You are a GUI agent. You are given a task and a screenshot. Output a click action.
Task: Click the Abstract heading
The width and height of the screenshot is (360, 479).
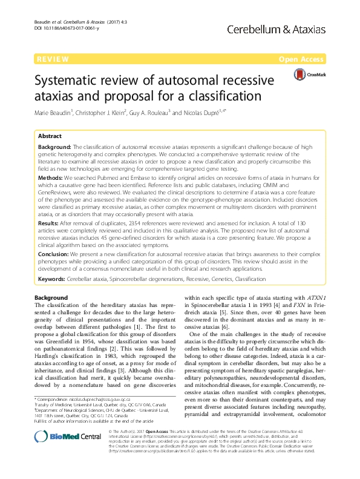(x=50, y=137)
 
